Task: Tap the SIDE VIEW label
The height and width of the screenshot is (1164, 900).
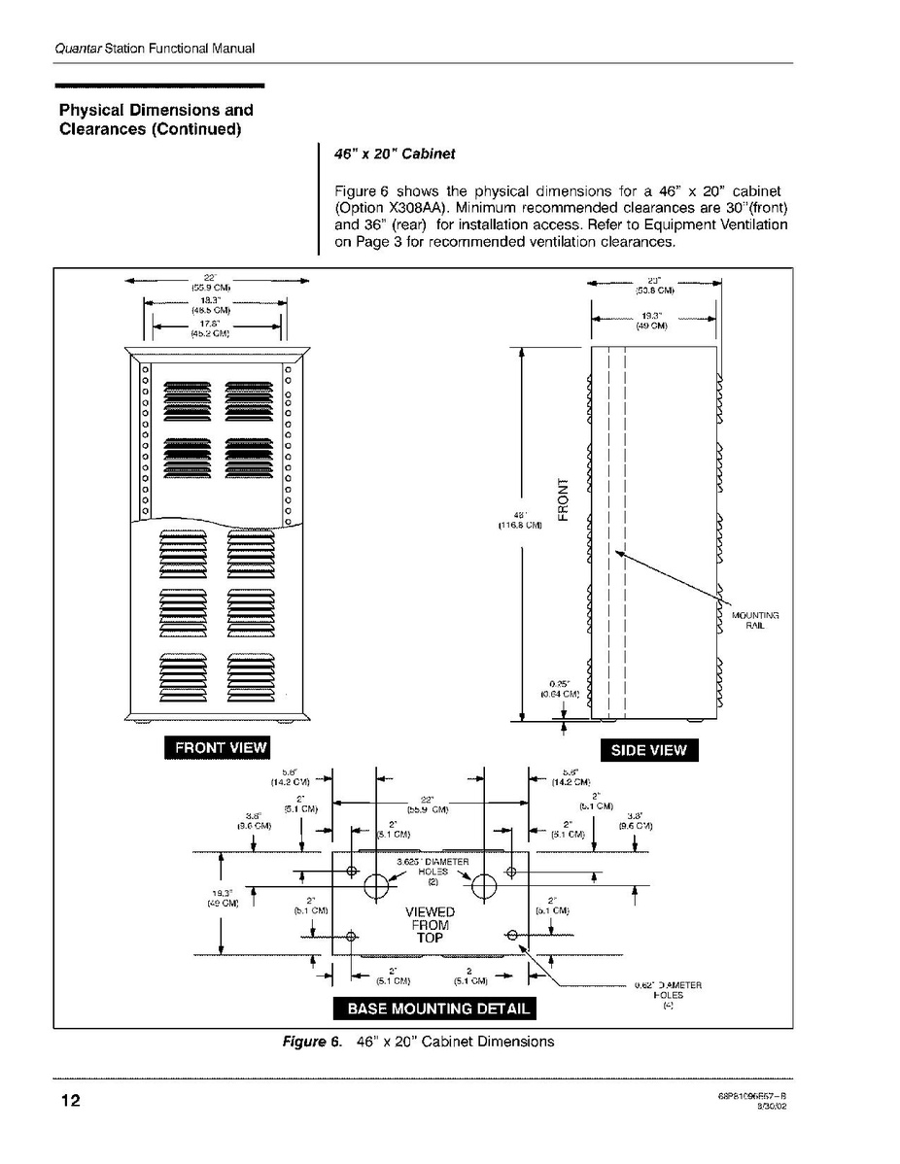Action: pyautogui.click(x=648, y=749)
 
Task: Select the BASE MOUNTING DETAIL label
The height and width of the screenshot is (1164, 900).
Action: pyautogui.click(x=434, y=1008)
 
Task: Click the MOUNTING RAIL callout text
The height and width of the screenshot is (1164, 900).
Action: pyautogui.click(x=755, y=621)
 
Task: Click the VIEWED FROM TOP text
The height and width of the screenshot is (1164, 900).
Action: pyautogui.click(x=430, y=925)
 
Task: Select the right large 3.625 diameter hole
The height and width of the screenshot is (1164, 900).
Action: pyautogui.click(x=484, y=886)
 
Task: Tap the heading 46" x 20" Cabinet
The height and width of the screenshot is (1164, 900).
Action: pyautogui.click(x=395, y=154)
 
